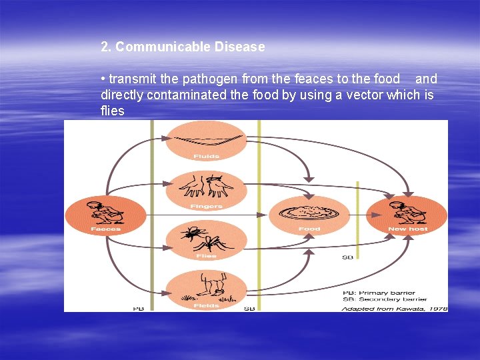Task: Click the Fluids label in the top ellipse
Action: coord(206,157)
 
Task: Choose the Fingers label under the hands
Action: coord(206,207)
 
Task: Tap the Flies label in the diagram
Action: coord(206,256)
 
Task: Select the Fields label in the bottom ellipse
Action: coord(206,305)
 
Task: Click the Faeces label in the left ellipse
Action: coord(105,229)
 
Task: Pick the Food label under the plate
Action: coord(309,229)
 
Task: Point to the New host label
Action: coord(407,229)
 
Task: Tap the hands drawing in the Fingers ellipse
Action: coord(207,186)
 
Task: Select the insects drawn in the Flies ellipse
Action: coord(206,237)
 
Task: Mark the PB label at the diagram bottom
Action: coord(139,309)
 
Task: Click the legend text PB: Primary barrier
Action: coord(379,293)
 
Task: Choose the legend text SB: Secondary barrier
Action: coord(385,299)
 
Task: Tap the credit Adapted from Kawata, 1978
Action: coord(394,308)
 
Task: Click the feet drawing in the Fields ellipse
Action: coord(207,285)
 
